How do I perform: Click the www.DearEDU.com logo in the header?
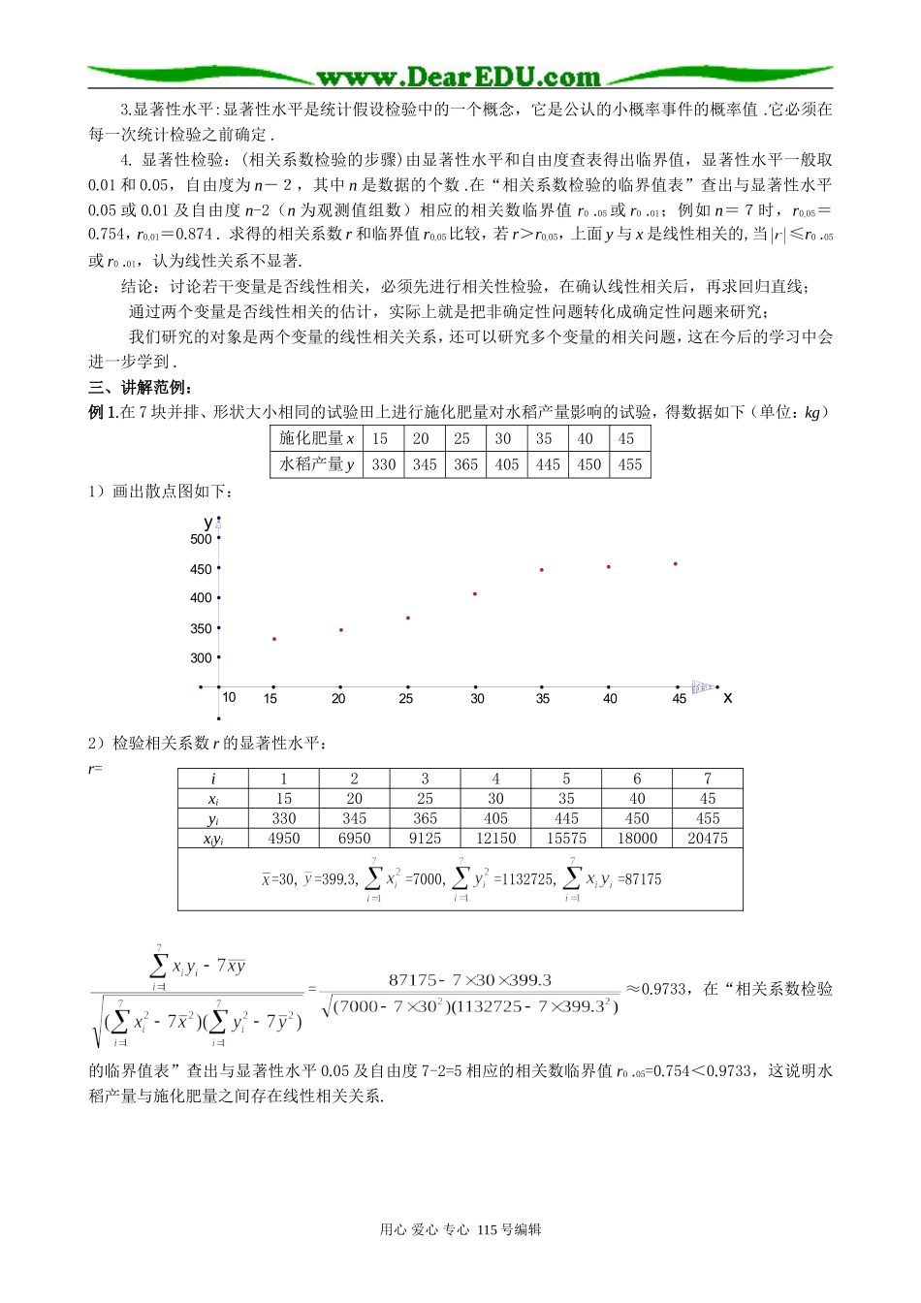tap(459, 77)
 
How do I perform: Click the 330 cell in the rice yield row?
tap(384, 464)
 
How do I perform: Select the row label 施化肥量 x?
tap(317, 438)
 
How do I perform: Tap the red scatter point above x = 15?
tap(274, 639)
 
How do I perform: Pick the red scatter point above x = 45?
tap(676, 563)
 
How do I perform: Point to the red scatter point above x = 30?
tap(475, 593)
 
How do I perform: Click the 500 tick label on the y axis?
tap(201, 539)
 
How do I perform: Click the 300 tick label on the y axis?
tap(201, 658)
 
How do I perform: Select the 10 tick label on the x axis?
tap(229, 697)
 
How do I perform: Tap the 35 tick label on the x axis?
tap(543, 698)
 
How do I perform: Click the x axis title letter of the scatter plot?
tap(728, 698)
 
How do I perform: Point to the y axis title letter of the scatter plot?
tap(207, 523)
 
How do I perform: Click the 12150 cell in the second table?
tap(495, 839)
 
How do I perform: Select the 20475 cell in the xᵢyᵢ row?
tap(708, 839)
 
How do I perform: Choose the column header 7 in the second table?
tap(708, 779)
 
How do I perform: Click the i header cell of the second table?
tap(213, 779)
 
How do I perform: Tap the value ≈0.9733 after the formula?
tap(656, 989)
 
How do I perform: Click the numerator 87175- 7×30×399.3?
tap(470, 980)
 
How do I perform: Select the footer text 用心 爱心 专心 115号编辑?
tap(460, 1229)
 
